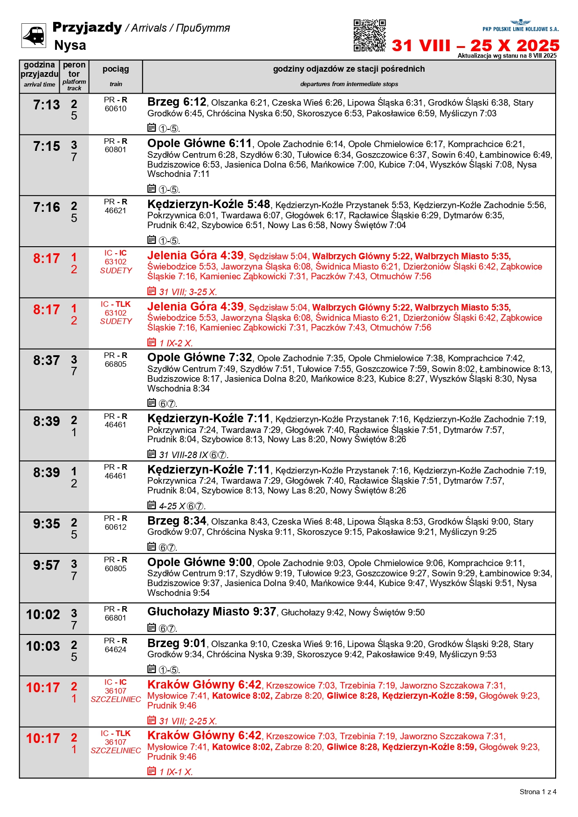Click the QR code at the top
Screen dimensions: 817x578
point(369,35)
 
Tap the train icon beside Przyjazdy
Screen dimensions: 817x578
point(34,35)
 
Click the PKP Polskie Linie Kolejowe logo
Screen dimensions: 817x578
point(520,26)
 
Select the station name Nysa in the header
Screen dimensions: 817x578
point(70,45)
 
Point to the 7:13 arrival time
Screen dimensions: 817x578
point(46,105)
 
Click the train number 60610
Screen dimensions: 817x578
point(116,109)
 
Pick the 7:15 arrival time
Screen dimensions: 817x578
point(46,147)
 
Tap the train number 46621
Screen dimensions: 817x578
point(116,211)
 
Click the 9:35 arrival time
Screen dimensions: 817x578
point(46,524)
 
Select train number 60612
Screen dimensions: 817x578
point(116,527)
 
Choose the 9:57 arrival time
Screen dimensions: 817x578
point(46,566)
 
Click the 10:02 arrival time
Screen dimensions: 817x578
point(43,615)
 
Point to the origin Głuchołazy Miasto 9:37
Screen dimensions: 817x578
point(212,612)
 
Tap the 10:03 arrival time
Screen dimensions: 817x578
point(43,647)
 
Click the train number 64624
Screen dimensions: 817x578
point(116,650)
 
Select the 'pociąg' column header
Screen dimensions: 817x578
point(116,69)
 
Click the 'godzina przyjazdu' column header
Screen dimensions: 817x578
point(40,69)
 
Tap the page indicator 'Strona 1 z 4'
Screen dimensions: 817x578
point(538,792)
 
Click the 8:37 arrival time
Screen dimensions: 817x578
point(46,361)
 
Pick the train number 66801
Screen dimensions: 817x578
point(116,618)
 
